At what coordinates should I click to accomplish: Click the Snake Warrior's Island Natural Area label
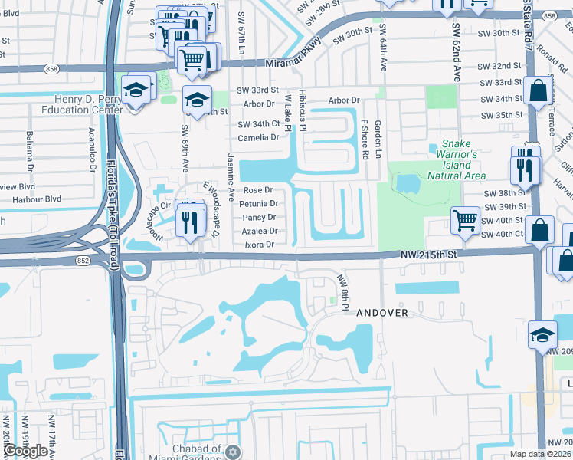(x=463, y=159)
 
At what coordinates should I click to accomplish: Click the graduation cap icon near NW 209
(x=542, y=334)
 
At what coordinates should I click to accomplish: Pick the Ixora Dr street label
(x=259, y=245)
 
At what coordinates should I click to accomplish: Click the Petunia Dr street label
(x=258, y=204)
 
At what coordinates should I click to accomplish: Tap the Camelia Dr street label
(x=258, y=137)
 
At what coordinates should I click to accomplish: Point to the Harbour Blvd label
(x=42, y=199)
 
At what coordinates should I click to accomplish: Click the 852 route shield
(x=83, y=261)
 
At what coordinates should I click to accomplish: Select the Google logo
(x=25, y=451)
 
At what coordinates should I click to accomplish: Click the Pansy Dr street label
(x=258, y=218)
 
